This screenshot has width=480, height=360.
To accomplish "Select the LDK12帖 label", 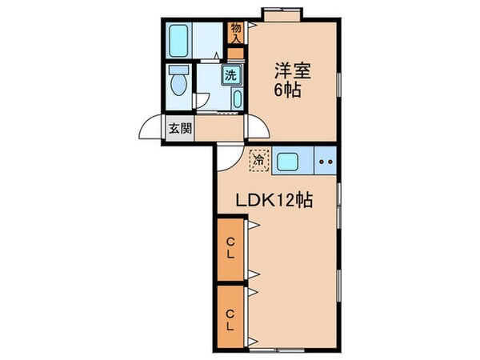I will pyautogui.click(x=272, y=202).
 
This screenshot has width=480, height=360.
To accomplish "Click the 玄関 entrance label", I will pyautogui.click(x=180, y=128).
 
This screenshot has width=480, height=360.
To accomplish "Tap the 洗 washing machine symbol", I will pyautogui.click(x=230, y=77).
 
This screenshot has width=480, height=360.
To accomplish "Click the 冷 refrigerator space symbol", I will pyautogui.click(x=258, y=160).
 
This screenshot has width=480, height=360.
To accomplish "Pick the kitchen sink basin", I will pyautogui.click(x=288, y=162).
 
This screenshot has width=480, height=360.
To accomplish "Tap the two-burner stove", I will pyautogui.click(x=326, y=162).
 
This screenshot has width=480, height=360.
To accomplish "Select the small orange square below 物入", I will pyautogui.click(x=234, y=54).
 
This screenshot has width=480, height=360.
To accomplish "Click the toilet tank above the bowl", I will pyautogui.click(x=178, y=69).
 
